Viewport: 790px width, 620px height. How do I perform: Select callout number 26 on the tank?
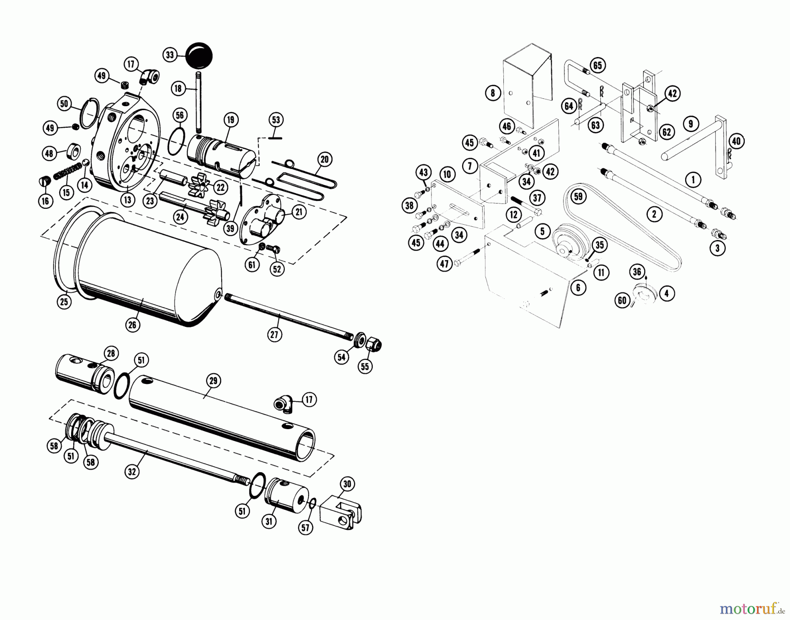pyautogui.click(x=133, y=324)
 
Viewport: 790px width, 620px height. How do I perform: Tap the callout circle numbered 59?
pyautogui.click(x=578, y=196)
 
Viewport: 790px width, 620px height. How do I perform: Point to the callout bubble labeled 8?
pyautogui.click(x=493, y=93)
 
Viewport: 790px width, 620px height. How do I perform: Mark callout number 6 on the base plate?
pyautogui.click(x=578, y=287)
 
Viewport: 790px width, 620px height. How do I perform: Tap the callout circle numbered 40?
pyautogui.click(x=736, y=141)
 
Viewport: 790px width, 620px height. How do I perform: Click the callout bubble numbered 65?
pyautogui.click(x=597, y=65)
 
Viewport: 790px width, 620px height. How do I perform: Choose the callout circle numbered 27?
pyautogui.click(x=275, y=334)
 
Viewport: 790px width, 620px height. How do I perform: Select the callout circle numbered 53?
pyautogui.click(x=276, y=120)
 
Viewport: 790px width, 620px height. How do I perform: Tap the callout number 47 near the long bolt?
pyautogui.click(x=445, y=264)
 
